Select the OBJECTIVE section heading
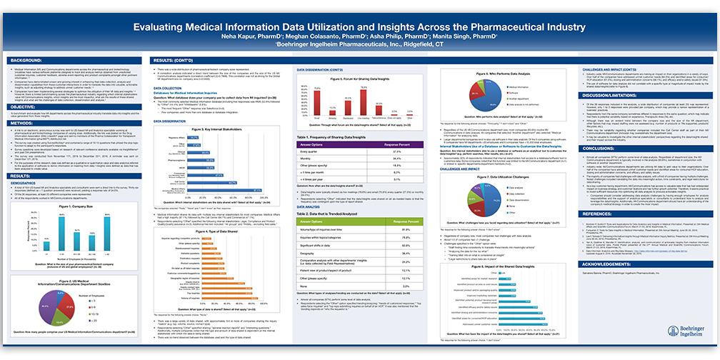[x=26, y=106]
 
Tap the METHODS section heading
[x=24, y=123]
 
